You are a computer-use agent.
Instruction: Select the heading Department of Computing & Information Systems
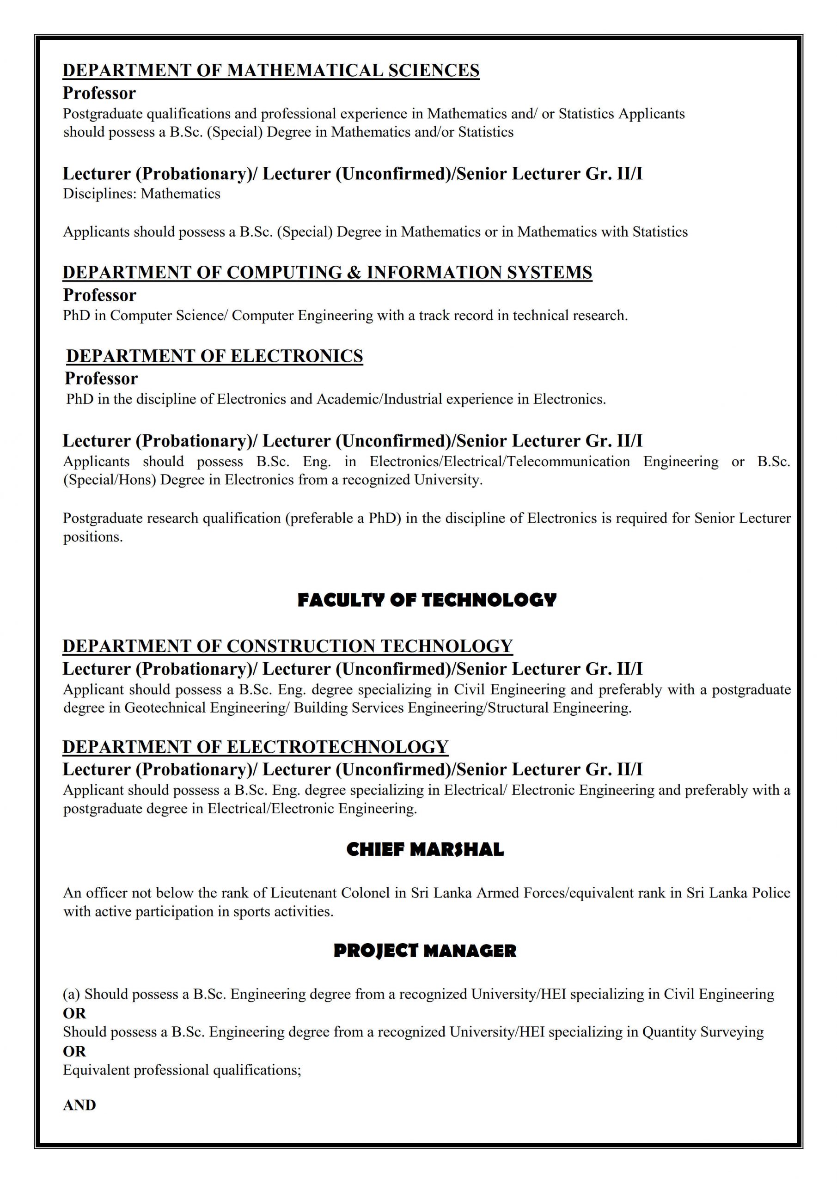point(327,273)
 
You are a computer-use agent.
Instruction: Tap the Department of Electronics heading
point(214,356)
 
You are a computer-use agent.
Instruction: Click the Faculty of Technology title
point(427,600)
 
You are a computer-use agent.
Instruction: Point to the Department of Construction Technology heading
point(287,646)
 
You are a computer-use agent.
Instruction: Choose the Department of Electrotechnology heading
point(255,747)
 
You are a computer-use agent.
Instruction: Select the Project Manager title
point(425,951)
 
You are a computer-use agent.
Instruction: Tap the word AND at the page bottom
point(79,1106)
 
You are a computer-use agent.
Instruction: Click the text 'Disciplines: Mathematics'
point(142,194)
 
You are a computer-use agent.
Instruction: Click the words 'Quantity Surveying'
point(703,1032)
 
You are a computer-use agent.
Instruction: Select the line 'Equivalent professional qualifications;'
point(182,1070)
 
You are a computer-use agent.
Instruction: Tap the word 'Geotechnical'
point(165,708)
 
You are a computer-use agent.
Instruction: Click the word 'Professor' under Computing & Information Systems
point(99,295)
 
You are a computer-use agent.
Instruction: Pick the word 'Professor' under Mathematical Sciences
point(99,93)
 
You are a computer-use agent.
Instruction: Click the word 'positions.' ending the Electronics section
point(93,537)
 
